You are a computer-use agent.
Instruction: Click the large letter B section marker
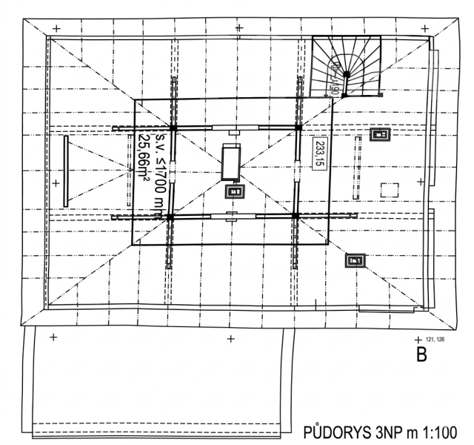[x=421, y=355]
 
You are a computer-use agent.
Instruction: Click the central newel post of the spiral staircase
[x=346, y=75]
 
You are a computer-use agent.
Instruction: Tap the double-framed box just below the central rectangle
[x=235, y=191]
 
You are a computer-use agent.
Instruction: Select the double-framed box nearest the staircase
[x=381, y=134]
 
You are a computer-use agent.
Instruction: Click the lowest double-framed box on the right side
[x=355, y=260]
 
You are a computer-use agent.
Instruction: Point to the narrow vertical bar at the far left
[x=66, y=171]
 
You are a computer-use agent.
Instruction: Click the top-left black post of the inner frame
[x=173, y=128]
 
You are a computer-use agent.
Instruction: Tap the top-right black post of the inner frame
[x=298, y=128]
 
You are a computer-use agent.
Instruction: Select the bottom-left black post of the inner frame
[x=170, y=217]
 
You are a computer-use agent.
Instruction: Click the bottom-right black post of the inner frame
[x=295, y=216]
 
